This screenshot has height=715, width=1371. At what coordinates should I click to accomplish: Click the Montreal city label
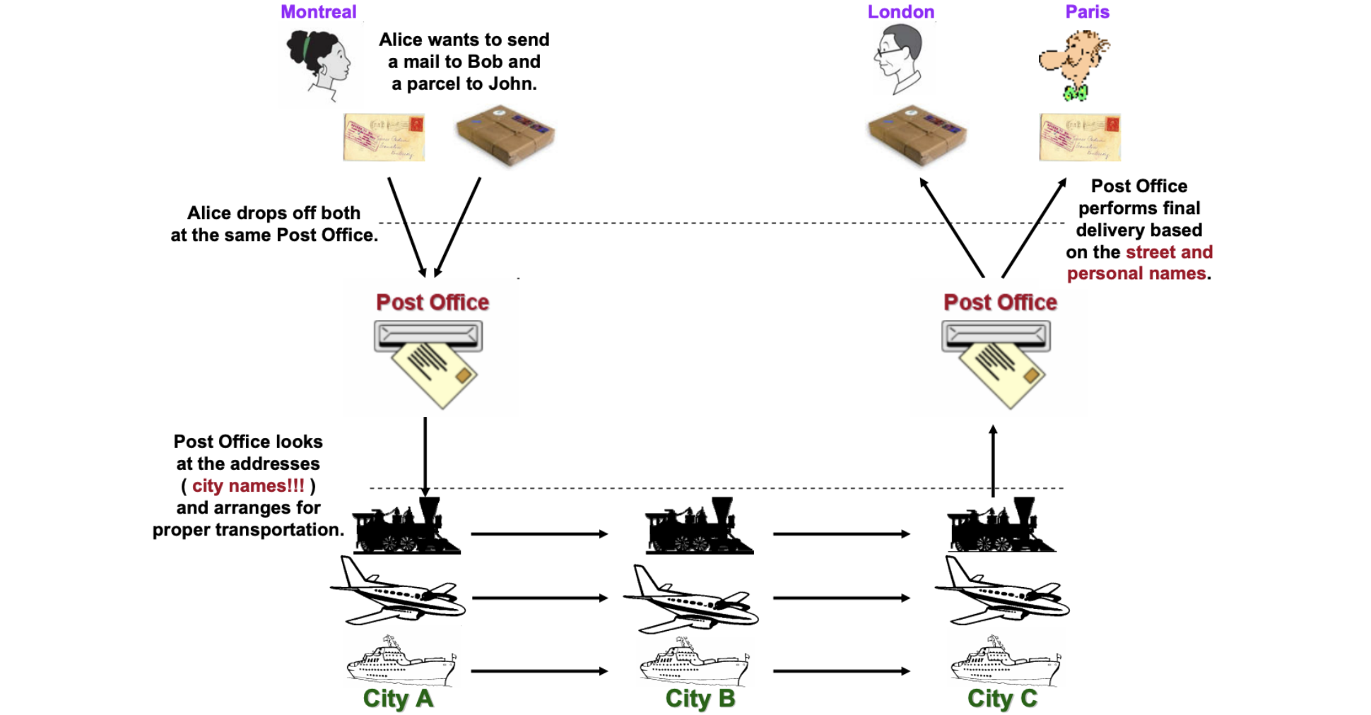pyautogui.click(x=318, y=12)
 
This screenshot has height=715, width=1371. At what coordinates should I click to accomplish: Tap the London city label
pyautogui.click(x=900, y=12)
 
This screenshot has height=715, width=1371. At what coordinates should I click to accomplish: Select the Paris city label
pyautogui.click(x=1087, y=12)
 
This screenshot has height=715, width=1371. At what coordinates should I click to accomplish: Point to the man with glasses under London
pyautogui.click(x=898, y=57)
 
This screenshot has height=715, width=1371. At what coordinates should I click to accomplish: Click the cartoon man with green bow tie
pyautogui.click(x=1074, y=64)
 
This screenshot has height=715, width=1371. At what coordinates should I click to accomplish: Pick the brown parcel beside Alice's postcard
pyautogui.click(x=505, y=134)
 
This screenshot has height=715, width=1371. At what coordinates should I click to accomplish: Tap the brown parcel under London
pyautogui.click(x=917, y=134)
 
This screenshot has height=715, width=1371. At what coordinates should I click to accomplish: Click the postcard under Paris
pyautogui.click(x=1079, y=137)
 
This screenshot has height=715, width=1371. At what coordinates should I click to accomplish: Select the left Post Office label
pyautogui.click(x=432, y=302)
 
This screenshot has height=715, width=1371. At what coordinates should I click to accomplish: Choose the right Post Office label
pyautogui.click(x=1000, y=302)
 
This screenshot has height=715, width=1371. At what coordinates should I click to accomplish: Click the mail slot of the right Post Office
pyautogui.click(x=996, y=336)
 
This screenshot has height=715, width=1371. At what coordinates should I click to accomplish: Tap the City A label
pyautogui.click(x=398, y=698)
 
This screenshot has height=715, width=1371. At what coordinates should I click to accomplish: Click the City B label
pyautogui.click(x=700, y=698)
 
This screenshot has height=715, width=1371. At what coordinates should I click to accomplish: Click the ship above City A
pyautogui.click(x=401, y=661)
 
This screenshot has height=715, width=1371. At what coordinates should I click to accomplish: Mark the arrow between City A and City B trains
pyautogui.click(x=539, y=533)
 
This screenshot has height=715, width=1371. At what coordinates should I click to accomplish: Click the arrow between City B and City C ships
pyautogui.click(x=841, y=670)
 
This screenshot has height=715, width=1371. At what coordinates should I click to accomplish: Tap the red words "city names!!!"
pyautogui.click(x=248, y=485)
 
